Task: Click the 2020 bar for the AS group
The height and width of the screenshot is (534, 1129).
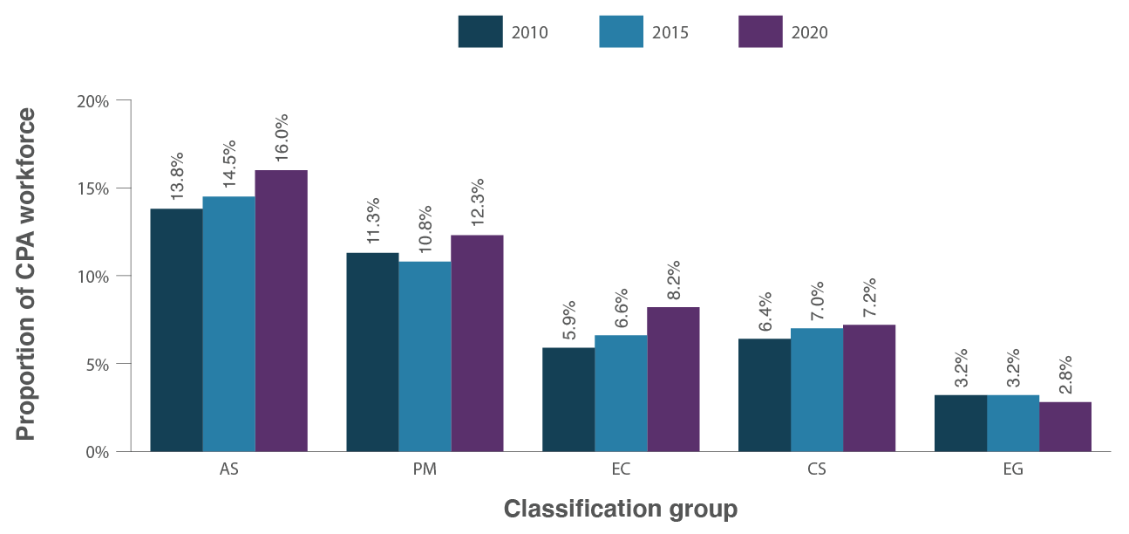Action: click(x=281, y=311)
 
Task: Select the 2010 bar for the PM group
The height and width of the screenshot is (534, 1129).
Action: click(x=372, y=352)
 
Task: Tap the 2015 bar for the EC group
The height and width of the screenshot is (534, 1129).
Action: click(x=621, y=393)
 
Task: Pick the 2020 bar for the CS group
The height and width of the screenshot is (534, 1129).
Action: click(x=869, y=387)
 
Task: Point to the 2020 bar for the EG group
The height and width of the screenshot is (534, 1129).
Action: click(x=1065, y=426)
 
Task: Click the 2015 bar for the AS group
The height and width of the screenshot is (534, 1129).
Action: click(x=228, y=324)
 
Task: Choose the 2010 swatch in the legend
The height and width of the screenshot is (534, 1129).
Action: click(x=480, y=32)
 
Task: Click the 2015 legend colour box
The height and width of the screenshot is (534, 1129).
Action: click(x=621, y=32)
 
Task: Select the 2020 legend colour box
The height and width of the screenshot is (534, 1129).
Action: click(x=760, y=32)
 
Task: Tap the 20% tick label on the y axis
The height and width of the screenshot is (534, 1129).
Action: click(x=93, y=101)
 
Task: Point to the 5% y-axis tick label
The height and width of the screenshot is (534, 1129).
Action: click(x=98, y=364)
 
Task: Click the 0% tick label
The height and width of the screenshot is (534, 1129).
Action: click(x=98, y=452)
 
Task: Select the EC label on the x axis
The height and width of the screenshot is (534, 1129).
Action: click(x=621, y=469)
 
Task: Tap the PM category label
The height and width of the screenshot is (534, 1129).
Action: click(x=425, y=469)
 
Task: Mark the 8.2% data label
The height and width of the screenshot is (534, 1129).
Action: click(x=673, y=279)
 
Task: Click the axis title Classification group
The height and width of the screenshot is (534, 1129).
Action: click(x=621, y=509)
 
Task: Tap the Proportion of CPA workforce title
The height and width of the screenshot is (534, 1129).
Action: click(x=27, y=274)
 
